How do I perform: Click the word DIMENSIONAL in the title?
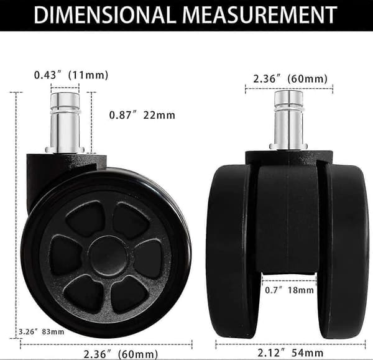click(x=104, y=15)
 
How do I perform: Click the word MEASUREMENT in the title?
click(x=260, y=15)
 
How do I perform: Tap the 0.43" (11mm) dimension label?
click(x=71, y=75)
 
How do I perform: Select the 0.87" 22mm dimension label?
click(x=142, y=115)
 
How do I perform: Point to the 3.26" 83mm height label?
click(x=42, y=331)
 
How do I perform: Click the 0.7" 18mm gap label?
click(x=289, y=290)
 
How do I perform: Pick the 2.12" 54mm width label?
click(x=290, y=353)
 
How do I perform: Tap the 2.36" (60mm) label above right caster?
click(x=290, y=79)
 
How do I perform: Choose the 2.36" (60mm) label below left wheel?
click(x=121, y=354)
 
